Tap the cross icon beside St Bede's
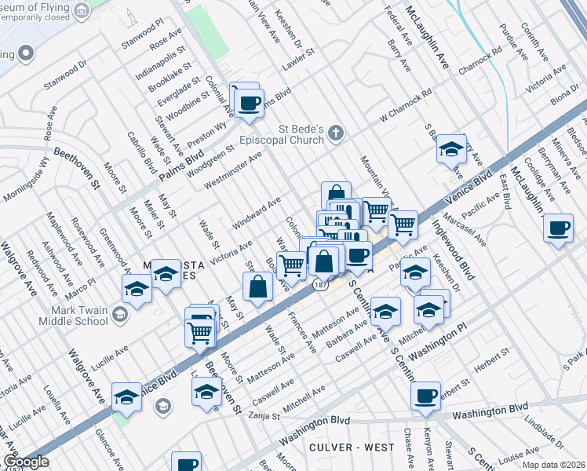pos(336,131)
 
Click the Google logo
pos(25,462)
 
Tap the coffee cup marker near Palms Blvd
pos(250,104)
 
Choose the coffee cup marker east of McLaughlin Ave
pos(557,228)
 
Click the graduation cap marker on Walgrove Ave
pos(126,396)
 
